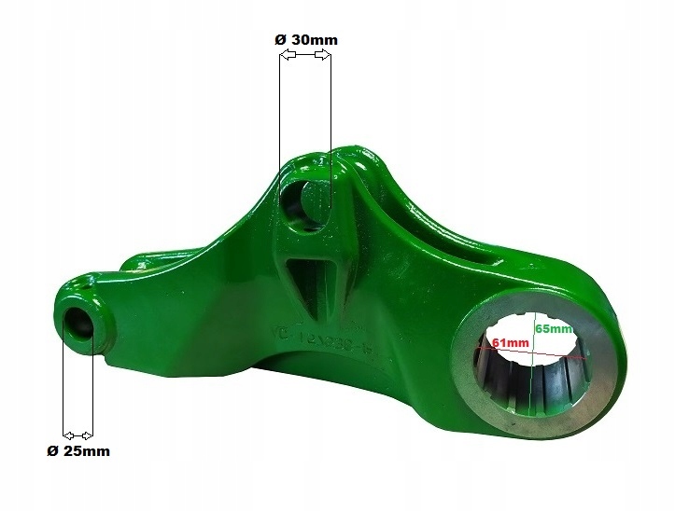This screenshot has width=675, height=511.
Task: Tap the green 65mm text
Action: coord(554,329)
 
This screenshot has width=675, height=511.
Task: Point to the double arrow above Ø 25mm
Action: coord(77,435)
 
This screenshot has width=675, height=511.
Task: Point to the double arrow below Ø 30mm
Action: coord(304,58)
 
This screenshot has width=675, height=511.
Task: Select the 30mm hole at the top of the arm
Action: coord(301,199)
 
